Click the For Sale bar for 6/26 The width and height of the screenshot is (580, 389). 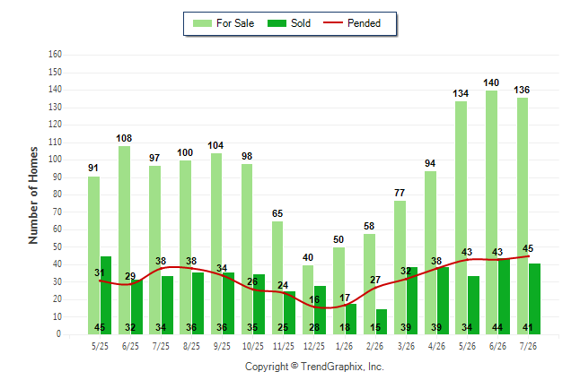492,212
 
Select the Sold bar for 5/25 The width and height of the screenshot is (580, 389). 106,296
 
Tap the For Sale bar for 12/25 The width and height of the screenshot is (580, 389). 308,300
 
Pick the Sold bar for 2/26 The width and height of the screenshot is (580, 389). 382,322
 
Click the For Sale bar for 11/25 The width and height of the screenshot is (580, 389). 277,278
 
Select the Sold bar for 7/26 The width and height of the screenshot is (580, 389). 534,299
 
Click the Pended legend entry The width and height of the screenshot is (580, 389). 352,23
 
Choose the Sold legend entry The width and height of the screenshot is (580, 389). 289,23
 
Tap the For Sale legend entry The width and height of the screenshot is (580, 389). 224,23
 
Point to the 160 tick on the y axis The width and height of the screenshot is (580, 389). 55,55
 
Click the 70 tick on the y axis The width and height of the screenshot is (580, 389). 57,212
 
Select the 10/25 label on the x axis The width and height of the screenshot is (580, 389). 253,346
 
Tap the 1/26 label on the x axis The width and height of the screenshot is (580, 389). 345,346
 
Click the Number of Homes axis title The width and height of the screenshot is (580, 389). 33,195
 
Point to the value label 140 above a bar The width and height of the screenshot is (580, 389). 491,82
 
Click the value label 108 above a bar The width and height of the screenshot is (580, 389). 124,138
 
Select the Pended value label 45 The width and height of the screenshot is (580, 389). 528,248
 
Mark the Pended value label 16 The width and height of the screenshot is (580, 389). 314,299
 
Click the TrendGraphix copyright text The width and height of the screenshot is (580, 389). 314,367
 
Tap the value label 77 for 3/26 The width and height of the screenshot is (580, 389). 400,193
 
